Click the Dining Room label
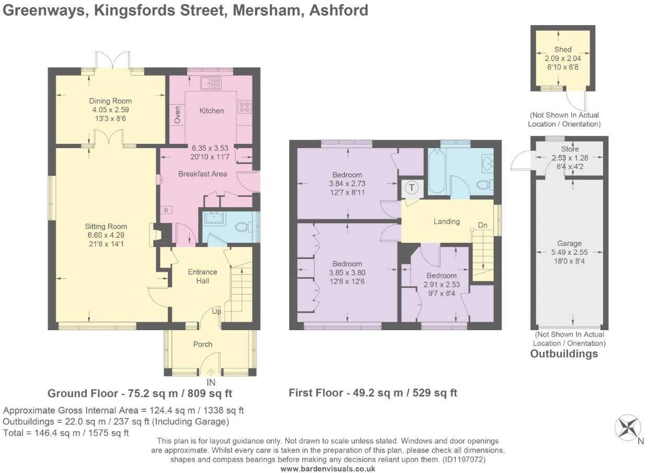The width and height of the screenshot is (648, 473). [x=110, y=101]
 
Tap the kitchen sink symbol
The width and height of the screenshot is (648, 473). [x=211, y=83]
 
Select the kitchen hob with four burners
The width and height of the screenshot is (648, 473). [x=244, y=107]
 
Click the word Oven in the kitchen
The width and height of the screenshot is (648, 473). [x=177, y=115]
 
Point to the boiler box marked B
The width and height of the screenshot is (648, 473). [x=166, y=210]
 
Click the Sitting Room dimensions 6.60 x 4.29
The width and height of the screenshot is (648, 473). [x=106, y=235]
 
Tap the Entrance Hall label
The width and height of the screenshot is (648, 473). [x=202, y=276]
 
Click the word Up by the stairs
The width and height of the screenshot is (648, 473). [x=216, y=311]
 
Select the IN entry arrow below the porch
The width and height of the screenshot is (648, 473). [x=211, y=373]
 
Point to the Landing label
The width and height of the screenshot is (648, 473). [x=446, y=221]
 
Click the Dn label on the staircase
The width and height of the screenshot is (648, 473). [x=483, y=226]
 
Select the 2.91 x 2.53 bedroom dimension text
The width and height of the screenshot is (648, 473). [x=442, y=285]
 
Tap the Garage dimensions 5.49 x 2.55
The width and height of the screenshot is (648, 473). [x=569, y=252]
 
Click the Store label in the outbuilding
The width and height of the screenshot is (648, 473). [x=569, y=149]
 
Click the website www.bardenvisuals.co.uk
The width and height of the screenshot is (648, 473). [x=328, y=469]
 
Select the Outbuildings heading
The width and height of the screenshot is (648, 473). [x=564, y=354]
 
